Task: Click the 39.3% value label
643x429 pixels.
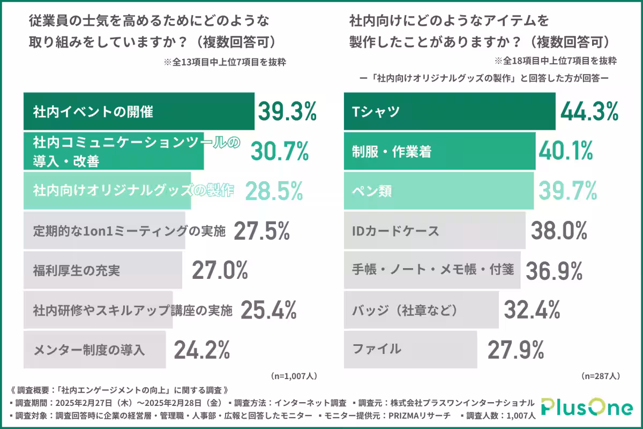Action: pos(288,112)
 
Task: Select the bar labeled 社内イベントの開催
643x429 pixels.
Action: pos(138,112)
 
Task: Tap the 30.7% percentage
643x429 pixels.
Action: pos(280,151)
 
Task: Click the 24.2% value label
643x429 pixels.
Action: pos(202,350)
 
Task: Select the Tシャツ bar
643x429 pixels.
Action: pos(449,112)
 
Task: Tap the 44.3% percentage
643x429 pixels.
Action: pos(589,112)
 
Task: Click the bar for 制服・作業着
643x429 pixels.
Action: pos(439,152)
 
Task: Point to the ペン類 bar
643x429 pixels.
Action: pos(438,191)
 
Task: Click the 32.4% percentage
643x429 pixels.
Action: pos(533,310)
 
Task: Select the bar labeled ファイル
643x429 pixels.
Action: pos(410,350)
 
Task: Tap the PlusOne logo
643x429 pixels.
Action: pos(586,408)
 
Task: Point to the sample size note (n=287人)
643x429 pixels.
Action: pos(600,376)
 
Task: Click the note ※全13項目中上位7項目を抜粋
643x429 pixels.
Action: pos(225,62)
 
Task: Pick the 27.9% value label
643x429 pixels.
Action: pos(516,350)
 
